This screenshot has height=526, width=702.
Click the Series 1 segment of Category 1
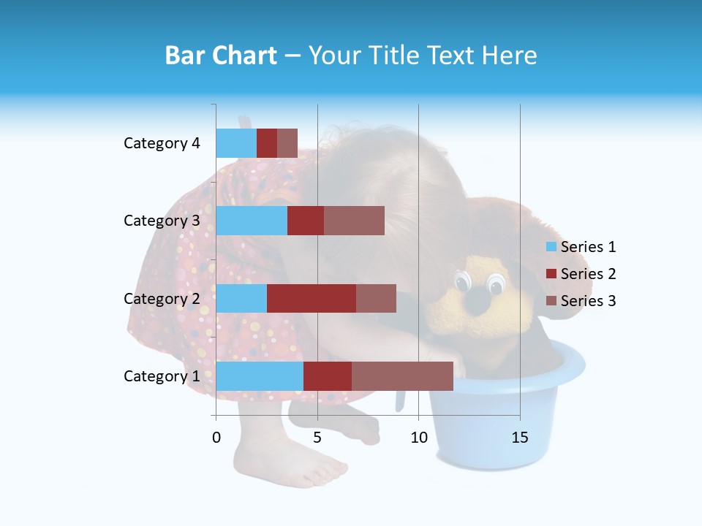(260, 376)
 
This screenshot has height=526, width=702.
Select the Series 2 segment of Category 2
(312, 298)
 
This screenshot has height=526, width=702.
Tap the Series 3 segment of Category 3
(354, 221)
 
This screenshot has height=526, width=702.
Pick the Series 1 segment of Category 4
(236, 143)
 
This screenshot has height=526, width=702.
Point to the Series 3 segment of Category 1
(402, 376)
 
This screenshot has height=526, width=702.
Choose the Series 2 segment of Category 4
(267, 143)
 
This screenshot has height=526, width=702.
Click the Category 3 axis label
(162, 221)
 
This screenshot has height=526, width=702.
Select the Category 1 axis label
(162, 376)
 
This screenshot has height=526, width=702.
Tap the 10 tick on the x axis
(418, 438)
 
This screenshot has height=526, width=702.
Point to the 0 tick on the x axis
(216, 438)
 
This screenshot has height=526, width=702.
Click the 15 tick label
(519, 438)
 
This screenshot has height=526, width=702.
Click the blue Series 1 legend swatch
(551, 247)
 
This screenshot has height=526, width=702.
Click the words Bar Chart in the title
(221, 56)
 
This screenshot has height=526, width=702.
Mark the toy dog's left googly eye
(462, 281)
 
